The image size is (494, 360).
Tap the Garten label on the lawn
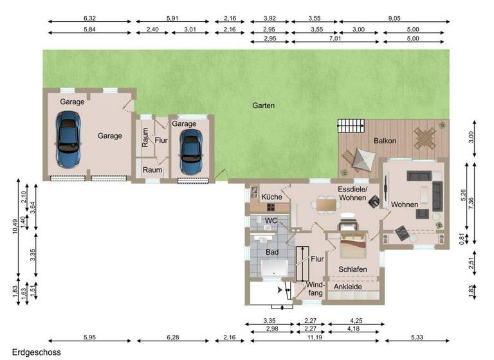click(263, 105)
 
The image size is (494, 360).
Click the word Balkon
click(385, 141)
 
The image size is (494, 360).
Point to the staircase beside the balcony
click(351, 126)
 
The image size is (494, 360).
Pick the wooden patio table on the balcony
click(425, 137)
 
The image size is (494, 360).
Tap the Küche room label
click(271, 196)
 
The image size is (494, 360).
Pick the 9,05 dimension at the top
click(394, 19)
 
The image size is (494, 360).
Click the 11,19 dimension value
click(315, 337)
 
